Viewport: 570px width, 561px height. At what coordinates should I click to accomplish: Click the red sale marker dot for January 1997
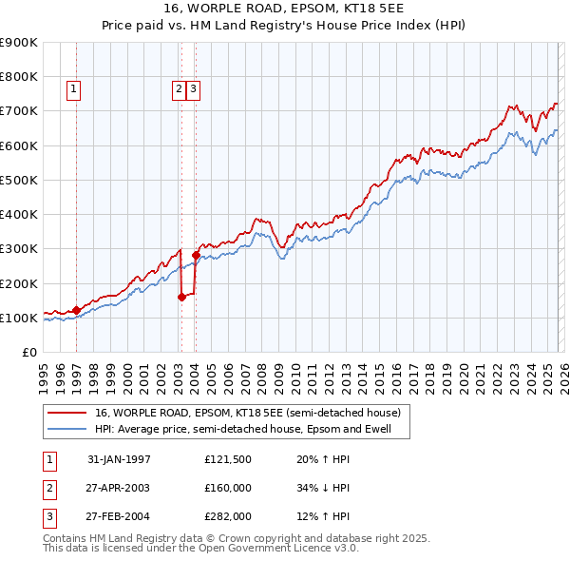tap(77, 310)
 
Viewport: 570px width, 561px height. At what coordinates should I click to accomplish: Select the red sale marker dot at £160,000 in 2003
tap(181, 297)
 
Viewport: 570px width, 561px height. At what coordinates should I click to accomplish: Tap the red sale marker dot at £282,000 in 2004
tap(196, 255)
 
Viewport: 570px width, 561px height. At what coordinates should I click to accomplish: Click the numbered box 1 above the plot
tap(74, 90)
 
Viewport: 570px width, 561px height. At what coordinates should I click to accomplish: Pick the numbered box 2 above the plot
tap(179, 90)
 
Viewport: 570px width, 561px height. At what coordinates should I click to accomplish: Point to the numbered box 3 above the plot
tap(193, 90)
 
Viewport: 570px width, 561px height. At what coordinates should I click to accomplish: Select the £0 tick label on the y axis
tap(28, 352)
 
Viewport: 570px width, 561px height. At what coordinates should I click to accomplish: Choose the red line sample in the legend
tap(66, 413)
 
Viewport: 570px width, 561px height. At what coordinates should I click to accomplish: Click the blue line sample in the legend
tap(66, 429)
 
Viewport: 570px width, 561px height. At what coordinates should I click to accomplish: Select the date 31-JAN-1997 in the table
tap(119, 460)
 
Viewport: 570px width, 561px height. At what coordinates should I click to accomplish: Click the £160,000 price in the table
tap(228, 488)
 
